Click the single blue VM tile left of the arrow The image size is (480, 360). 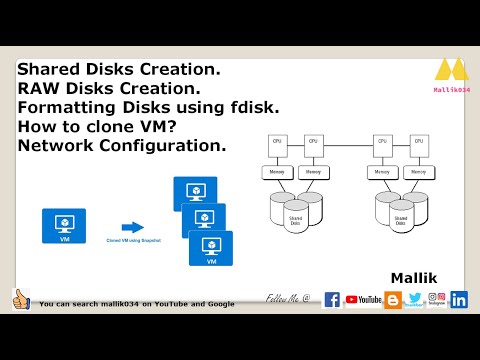[63, 226]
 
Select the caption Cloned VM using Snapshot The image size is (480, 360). [133, 241]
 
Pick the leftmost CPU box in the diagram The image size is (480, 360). [277, 142]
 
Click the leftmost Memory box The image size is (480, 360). [277, 172]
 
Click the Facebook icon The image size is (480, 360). [333, 299]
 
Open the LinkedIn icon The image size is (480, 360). [459, 299]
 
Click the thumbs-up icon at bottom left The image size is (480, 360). [20, 299]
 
